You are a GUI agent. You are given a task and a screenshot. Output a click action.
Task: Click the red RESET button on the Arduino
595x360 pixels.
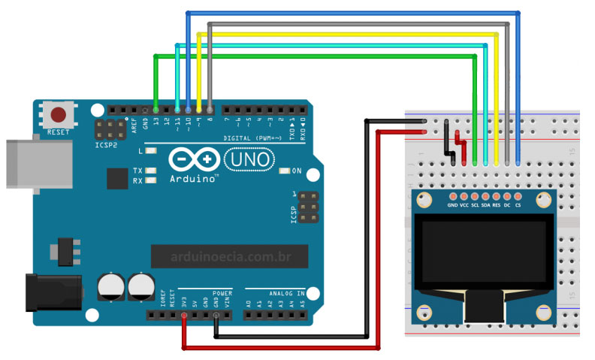(x=58, y=115)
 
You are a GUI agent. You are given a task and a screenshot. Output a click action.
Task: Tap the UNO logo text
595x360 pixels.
(x=249, y=159)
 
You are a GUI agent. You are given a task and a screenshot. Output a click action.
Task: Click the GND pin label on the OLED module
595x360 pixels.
(x=452, y=204)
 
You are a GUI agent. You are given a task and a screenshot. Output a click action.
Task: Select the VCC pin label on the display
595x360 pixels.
(x=464, y=204)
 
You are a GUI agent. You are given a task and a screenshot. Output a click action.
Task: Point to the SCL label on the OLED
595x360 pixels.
(x=475, y=204)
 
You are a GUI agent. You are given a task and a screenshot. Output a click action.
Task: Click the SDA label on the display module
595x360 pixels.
(x=485, y=204)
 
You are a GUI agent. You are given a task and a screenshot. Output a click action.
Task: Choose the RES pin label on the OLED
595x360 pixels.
(x=496, y=204)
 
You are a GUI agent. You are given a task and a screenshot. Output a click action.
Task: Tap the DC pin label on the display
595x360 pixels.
(x=507, y=204)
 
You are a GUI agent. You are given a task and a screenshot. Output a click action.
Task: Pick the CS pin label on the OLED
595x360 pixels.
(x=518, y=204)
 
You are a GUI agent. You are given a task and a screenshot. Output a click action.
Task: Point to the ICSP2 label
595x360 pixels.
(x=106, y=145)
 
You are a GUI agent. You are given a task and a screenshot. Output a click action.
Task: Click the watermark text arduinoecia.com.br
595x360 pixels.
(x=230, y=257)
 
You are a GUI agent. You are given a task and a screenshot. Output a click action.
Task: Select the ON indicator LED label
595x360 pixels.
(x=297, y=171)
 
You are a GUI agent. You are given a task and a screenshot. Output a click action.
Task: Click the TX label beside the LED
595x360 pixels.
(x=137, y=171)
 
